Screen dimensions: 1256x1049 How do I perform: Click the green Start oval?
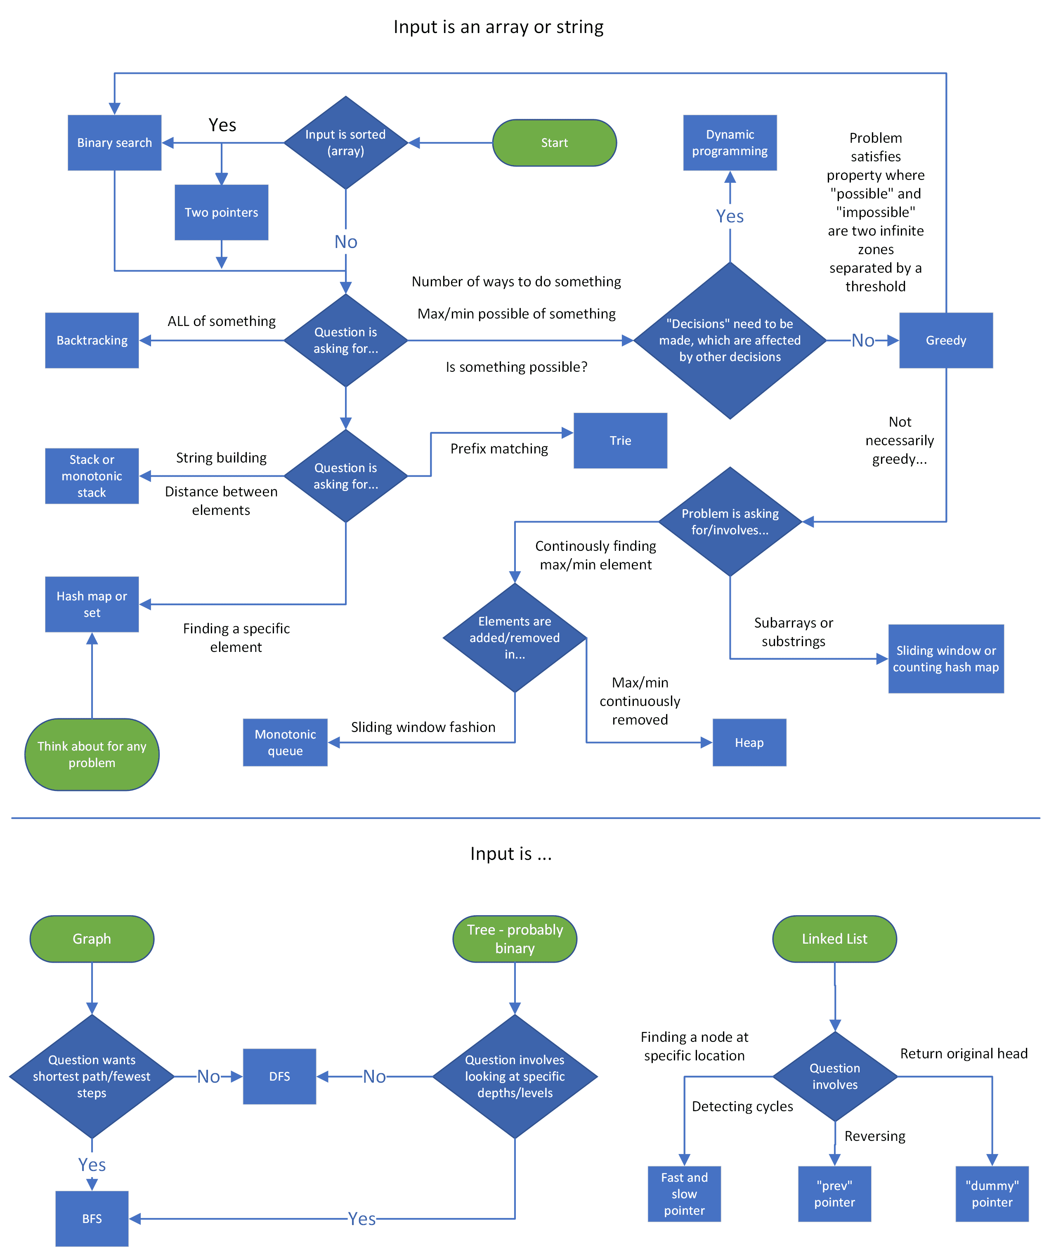pyautogui.click(x=554, y=143)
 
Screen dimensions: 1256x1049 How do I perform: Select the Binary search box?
pyautogui.click(x=114, y=143)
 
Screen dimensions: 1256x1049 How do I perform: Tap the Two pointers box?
pyautogui.click(x=221, y=212)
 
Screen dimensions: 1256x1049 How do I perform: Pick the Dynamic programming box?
pyautogui.click(x=730, y=143)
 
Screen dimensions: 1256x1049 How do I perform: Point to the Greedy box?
pyautogui.click(x=945, y=340)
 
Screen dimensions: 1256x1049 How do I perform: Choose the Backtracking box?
pyautogui.click(x=92, y=340)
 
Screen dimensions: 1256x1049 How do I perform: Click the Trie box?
pyautogui.click(x=620, y=441)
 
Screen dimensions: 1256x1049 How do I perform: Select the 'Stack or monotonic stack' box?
pyautogui.click(x=92, y=476)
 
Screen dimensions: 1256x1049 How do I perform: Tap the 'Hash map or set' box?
pyautogui.click(x=92, y=604)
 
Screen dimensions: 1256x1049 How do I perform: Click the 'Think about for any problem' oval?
pyautogui.click(x=92, y=754)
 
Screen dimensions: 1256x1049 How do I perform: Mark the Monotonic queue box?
pyautogui.click(x=285, y=742)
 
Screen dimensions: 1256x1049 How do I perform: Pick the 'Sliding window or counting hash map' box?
pyautogui.click(x=945, y=659)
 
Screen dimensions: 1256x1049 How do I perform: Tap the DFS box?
pyautogui.click(x=279, y=1076)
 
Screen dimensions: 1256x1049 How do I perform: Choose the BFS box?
pyautogui.click(x=92, y=1218)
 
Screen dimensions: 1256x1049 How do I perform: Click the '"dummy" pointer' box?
pyautogui.click(x=992, y=1194)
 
